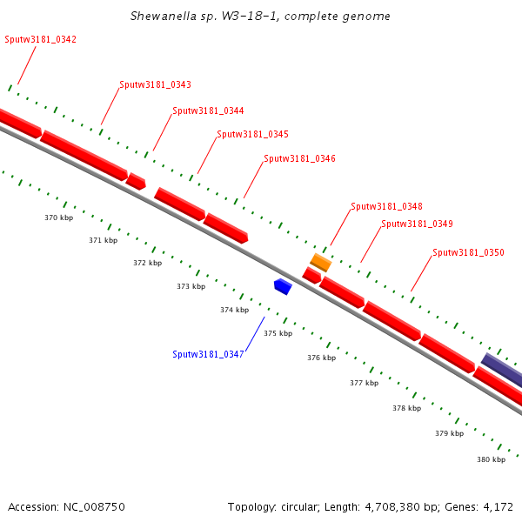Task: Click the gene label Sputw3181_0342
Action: click(x=40, y=39)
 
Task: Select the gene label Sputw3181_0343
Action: click(x=155, y=84)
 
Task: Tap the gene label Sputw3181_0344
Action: click(x=208, y=110)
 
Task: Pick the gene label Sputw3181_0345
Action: click(x=252, y=134)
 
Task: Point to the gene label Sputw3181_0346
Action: click(x=299, y=158)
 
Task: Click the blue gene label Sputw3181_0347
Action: click(x=208, y=354)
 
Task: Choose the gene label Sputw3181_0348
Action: click(x=386, y=206)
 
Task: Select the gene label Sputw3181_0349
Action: click(x=417, y=224)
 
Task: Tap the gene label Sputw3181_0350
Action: click(x=468, y=252)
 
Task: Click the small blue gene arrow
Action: click(x=282, y=286)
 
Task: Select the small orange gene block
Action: click(x=321, y=262)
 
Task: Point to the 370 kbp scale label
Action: click(x=58, y=217)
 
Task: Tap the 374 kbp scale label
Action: click(x=234, y=310)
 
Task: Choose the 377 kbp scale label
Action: click(x=364, y=383)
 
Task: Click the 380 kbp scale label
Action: click(x=491, y=459)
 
